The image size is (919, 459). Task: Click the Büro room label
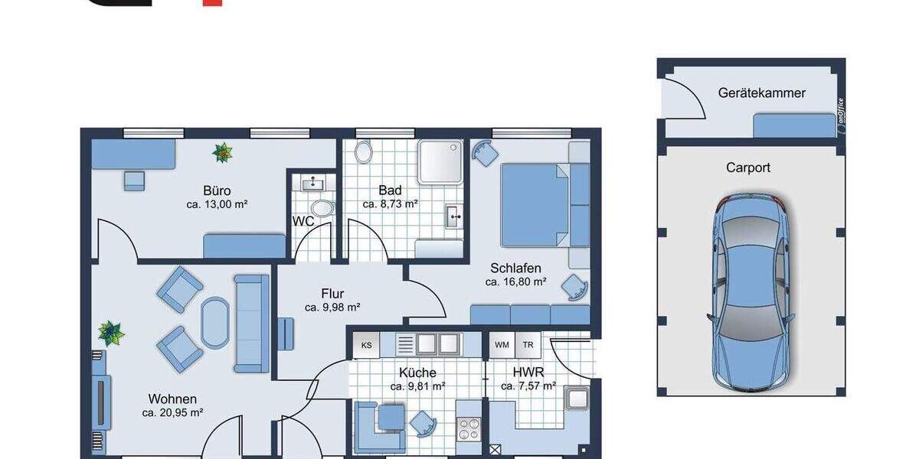click(x=217, y=190)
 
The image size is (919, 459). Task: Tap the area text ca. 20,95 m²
click(x=172, y=412)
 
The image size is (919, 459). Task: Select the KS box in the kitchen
click(x=366, y=346)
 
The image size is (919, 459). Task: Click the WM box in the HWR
click(x=502, y=345)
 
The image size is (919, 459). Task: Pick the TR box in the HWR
click(x=528, y=345)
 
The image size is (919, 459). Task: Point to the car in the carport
click(x=751, y=295)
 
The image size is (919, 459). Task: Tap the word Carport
click(x=748, y=168)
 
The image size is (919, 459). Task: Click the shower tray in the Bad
click(x=440, y=161)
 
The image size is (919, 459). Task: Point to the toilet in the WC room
click(x=322, y=208)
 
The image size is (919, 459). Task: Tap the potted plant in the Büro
click(x=223, y=153)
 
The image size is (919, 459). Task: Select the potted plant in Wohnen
click(x=111, y=333)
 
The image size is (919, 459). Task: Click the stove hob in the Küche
click(x=468, y=429)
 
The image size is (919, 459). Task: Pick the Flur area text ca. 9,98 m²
click(x=332, y=308)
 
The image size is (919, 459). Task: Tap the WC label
click(x=303, y=222)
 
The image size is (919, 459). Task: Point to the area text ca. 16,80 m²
click(x=515, y=282)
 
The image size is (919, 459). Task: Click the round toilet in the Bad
click(x=364, y=152)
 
